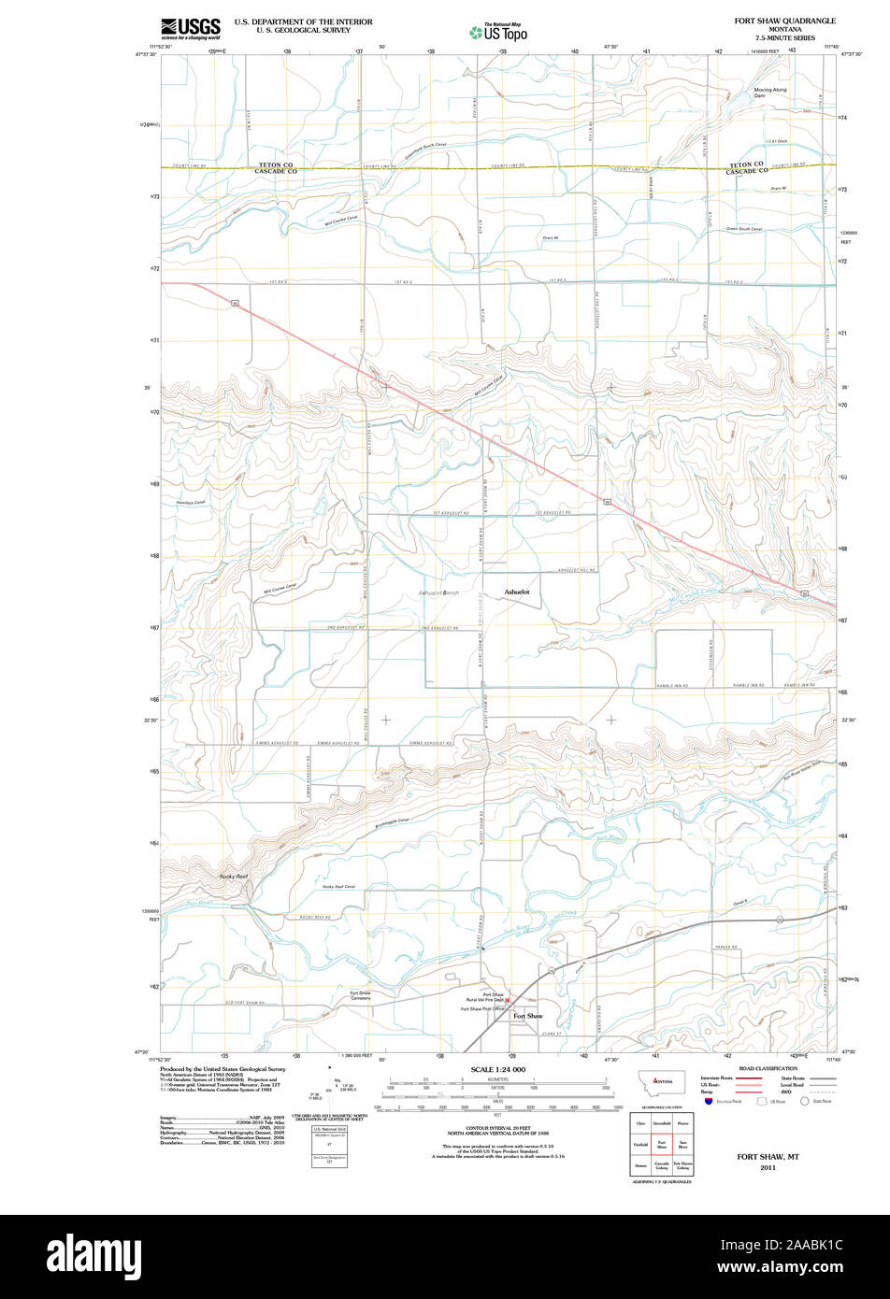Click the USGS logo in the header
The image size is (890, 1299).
(191, 27)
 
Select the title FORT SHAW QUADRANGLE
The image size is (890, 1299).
(785, 20)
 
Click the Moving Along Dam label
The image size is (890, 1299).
(770, 93)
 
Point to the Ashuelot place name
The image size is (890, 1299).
(517, 592)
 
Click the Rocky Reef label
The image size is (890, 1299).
(233, 877)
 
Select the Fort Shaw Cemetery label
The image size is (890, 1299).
(360, 995)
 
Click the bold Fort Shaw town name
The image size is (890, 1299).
(527, 1016)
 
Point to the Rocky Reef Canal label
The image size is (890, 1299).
(338, 886)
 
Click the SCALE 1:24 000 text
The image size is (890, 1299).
(497, 1069)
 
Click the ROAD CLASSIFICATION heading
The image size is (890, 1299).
(768, 1068)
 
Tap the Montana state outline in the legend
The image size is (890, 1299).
(662, 1081)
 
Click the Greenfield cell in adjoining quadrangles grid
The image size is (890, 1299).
(662, 1123)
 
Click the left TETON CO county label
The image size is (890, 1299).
(276, 164)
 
